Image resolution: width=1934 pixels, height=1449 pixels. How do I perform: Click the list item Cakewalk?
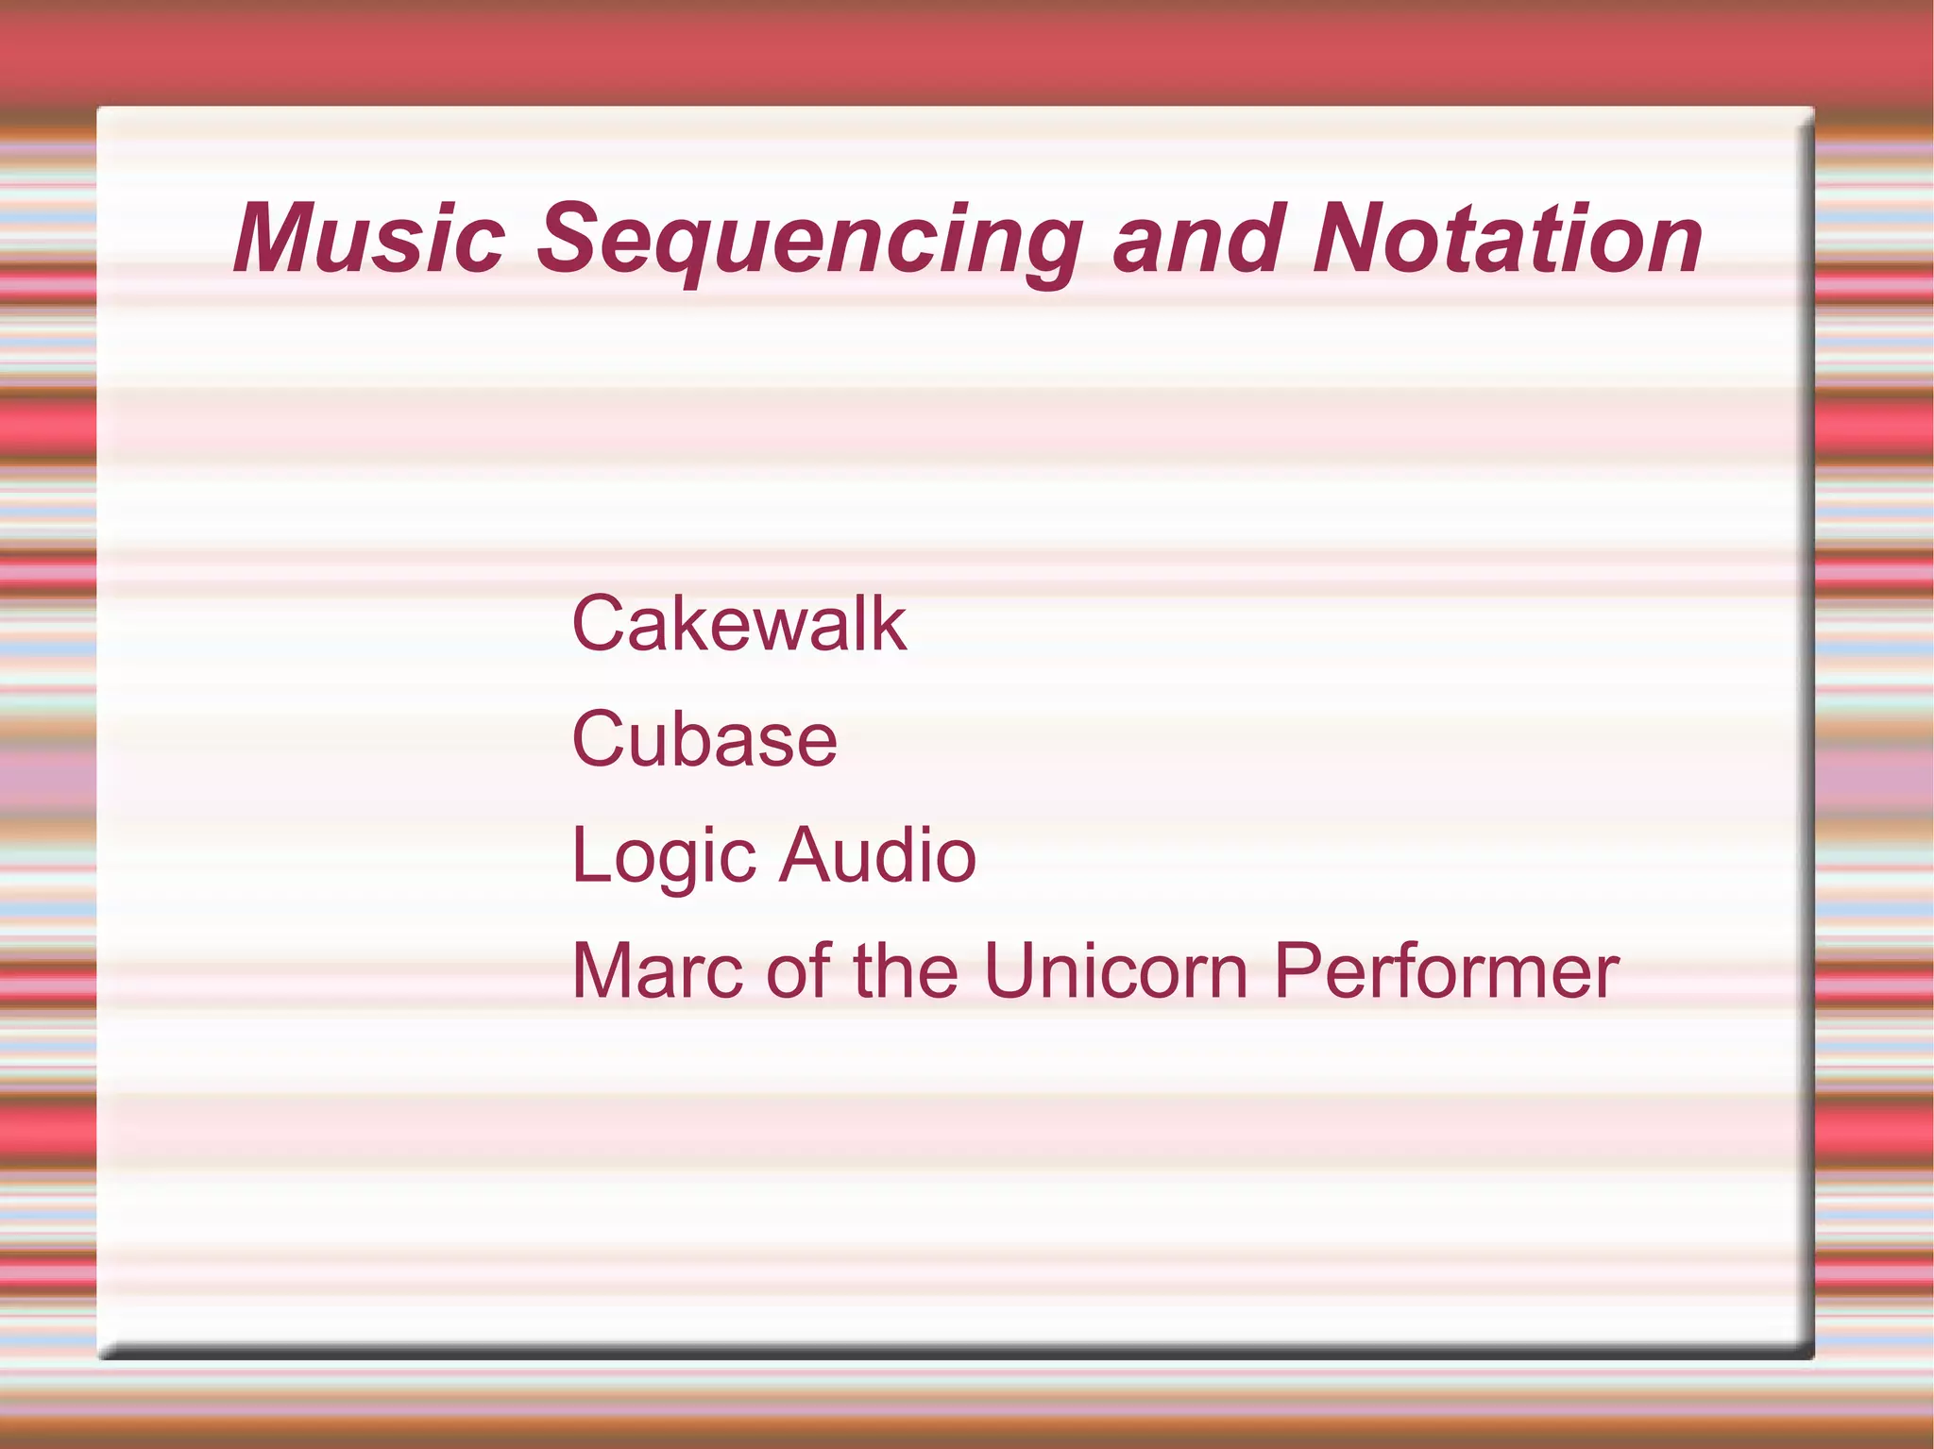pos(738,624)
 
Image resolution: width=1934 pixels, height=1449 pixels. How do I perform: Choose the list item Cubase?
pos(704,739)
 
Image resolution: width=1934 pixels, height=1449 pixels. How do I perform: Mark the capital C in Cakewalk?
pos(602,624)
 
